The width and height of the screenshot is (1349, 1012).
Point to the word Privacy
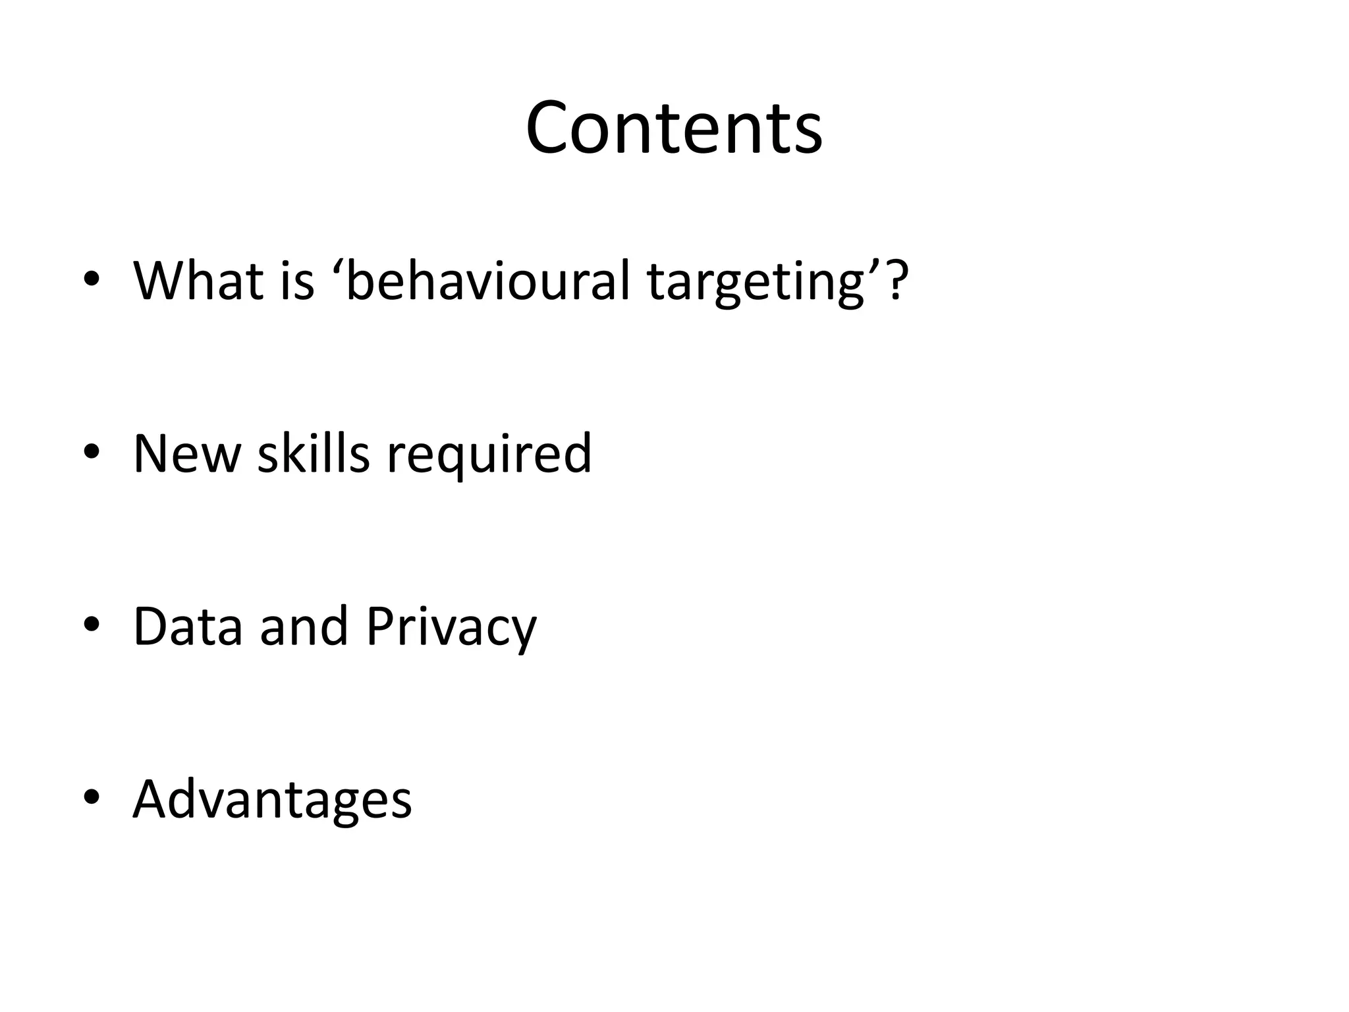(451, 627)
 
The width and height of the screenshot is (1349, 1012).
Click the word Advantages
(272, 800)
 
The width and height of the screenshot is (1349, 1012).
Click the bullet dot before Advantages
(92, 797)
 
